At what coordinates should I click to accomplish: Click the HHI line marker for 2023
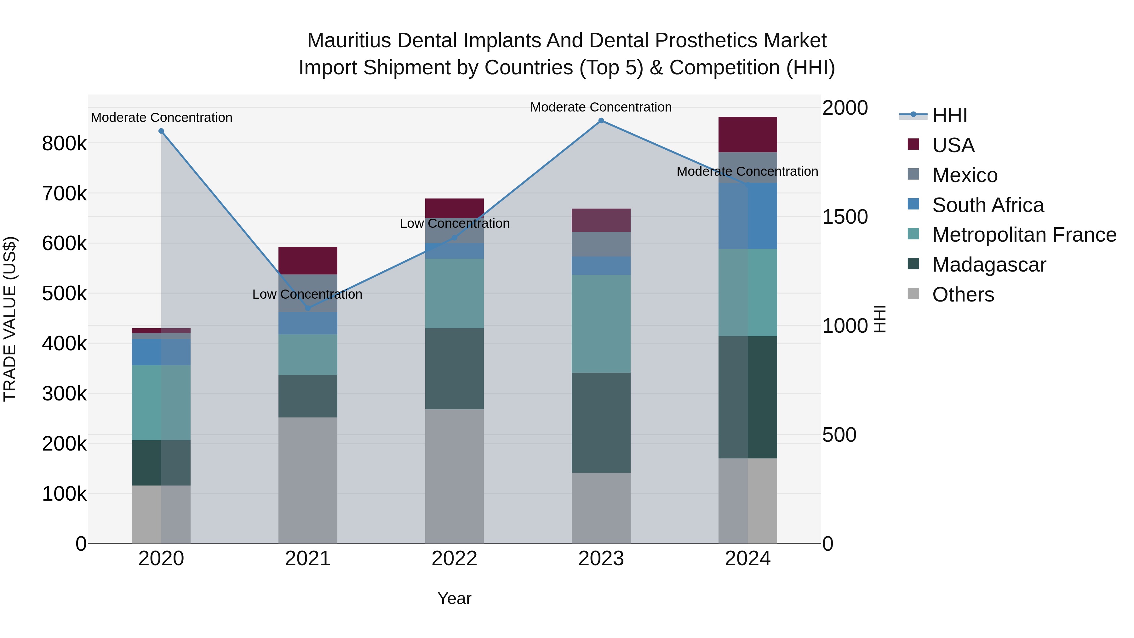tap(601, 121)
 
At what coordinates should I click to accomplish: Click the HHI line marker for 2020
tap(161, 131)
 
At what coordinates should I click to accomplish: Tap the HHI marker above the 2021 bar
tap(308, 308)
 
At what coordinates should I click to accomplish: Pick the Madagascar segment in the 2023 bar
tap(601, 423)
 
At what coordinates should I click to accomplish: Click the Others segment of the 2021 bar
tap(308, 480)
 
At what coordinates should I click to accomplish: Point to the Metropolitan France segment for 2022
tap(454, 294)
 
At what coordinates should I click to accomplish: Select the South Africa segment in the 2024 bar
tap(747, 216)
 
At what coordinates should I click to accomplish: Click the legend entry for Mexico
tap(965, 175)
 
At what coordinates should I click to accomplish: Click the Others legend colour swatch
tap(913, 294)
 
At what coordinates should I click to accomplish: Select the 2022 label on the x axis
tap(454, 559)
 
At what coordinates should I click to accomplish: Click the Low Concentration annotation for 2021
tap(307, 294)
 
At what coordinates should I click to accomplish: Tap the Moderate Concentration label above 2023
tap(601, 107)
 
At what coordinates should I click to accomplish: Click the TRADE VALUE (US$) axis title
tap(10, 319)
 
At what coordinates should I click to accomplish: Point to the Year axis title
tap(454, 598)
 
